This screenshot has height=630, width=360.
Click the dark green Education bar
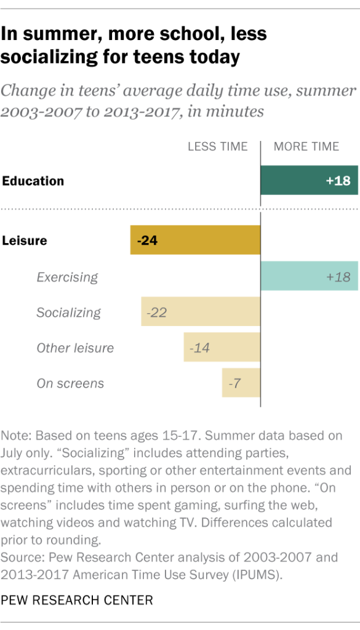(309, 180)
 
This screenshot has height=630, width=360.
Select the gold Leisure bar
(195, 240)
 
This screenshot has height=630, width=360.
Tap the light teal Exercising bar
(309, 276)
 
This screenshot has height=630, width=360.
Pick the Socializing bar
(201, 312)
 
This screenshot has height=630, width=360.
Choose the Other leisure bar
(222, 348)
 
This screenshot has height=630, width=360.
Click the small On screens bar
(241, 383)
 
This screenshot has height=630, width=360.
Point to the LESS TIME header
(218, 146)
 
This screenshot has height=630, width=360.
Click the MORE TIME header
(306, 146)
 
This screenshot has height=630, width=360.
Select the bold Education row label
(33, 181)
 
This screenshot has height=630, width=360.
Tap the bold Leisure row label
(25, 241)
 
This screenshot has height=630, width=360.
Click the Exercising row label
(67, 277)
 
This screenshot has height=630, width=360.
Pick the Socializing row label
(68, 313)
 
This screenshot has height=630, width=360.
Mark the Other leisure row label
(75, 348)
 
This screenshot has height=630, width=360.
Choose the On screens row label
(70, 384)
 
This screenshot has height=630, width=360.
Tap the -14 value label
(199, 348)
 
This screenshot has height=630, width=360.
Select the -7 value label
(234, 384)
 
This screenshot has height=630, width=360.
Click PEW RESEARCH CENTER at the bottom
(77, 599)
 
